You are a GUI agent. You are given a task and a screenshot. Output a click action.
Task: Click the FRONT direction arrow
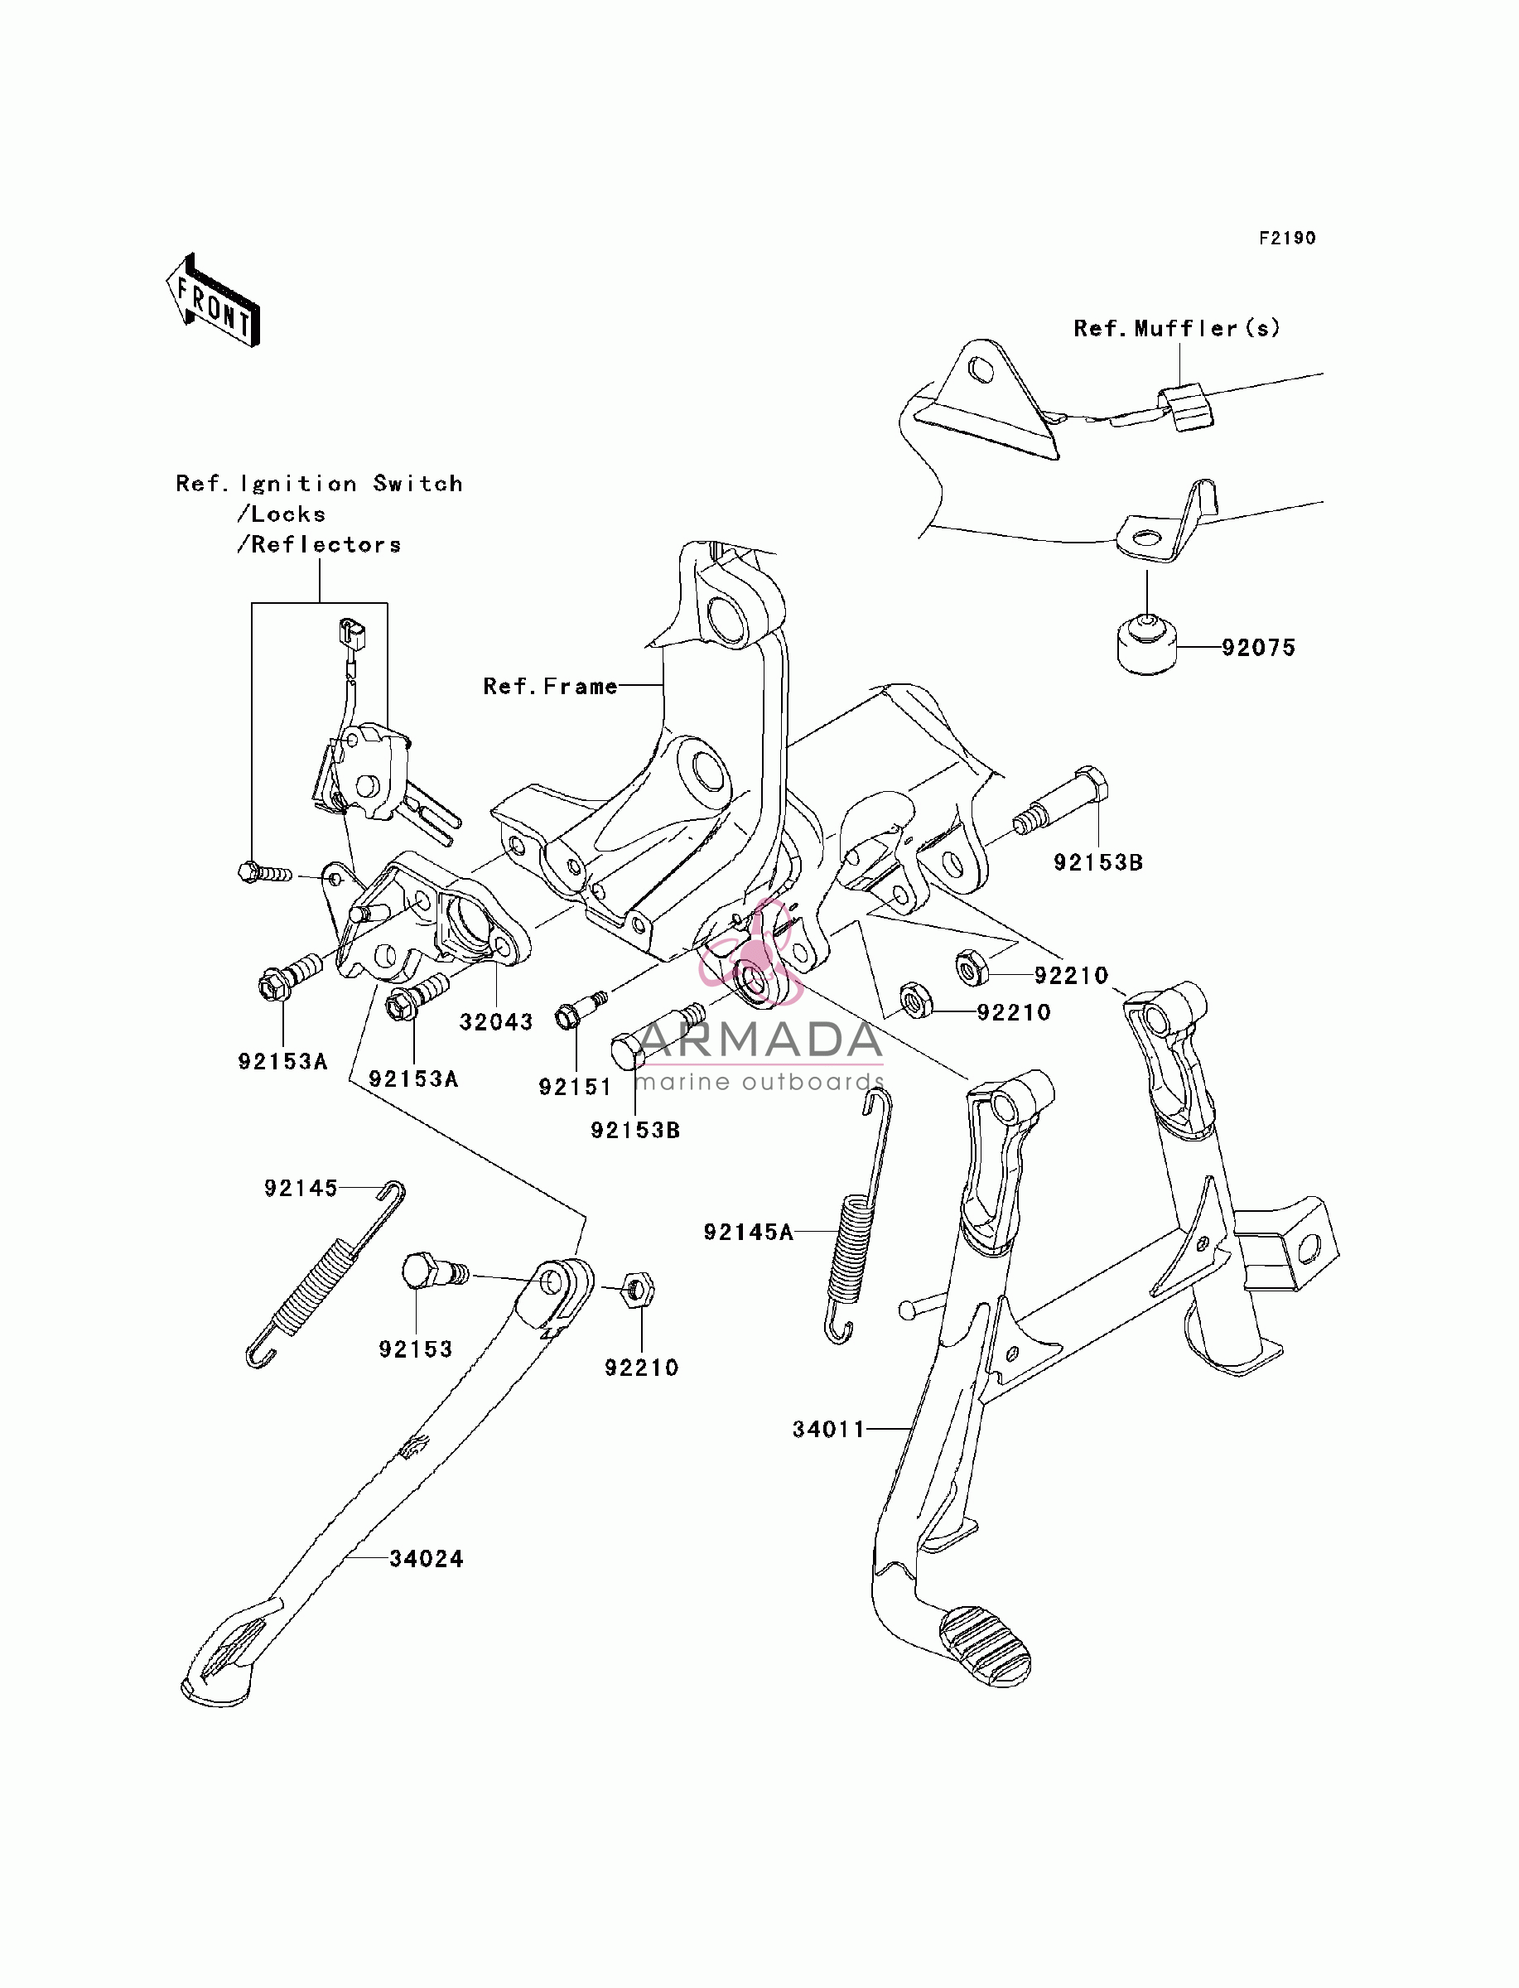tap(214, 300)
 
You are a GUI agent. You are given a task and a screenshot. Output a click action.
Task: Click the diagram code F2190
tap(1288, 238)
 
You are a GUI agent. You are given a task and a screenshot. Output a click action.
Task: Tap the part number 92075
tap(1259, 647)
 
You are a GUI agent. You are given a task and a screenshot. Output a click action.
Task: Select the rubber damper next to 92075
tap(1146, 644)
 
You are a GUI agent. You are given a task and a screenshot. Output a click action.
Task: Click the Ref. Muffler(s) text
tap(1177, 328)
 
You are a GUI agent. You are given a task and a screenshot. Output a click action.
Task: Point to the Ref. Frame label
tap(551, 686)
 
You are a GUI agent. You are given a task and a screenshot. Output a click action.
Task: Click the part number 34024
tap(426, 1559)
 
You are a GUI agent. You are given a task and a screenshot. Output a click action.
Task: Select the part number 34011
tap(829, 1430)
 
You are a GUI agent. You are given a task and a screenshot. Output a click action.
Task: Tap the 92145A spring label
tap(749, 1231)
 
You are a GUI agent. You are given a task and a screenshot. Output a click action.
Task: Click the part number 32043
tap(496, 1021)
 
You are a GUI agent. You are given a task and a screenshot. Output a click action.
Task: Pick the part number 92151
tap(575, 1087)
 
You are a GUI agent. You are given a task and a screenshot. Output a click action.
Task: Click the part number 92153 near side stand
tap(415, 1349)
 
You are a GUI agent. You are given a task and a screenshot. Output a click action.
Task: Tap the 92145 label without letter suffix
tap(300, 1188)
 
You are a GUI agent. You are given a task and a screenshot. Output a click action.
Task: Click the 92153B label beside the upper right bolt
tap(1098, 862)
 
